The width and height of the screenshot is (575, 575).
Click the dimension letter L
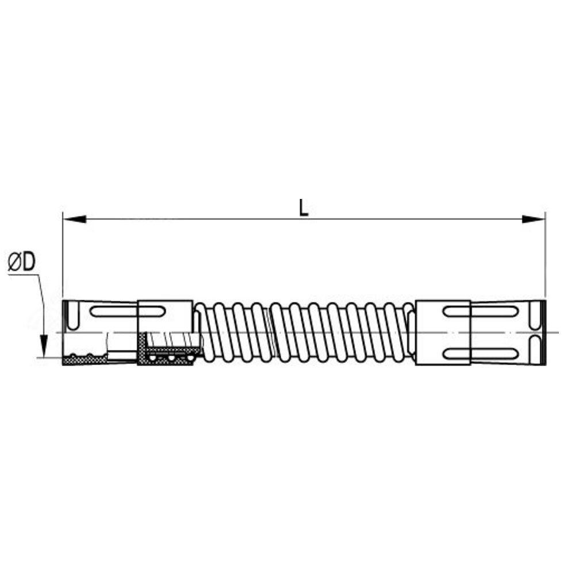(x=304, y=208)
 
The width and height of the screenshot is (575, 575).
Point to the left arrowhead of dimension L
(x=74, y=219)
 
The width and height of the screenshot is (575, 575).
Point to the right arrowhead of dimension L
(x=534, y=219)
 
